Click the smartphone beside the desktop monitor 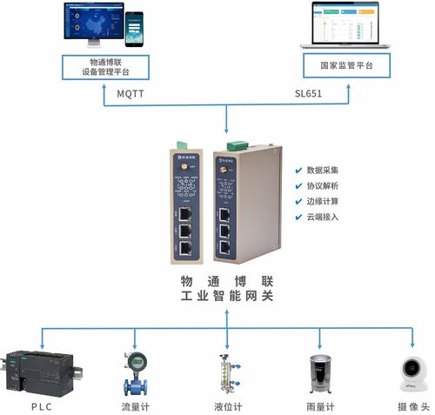[133, 30]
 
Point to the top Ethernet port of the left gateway [187, 211]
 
